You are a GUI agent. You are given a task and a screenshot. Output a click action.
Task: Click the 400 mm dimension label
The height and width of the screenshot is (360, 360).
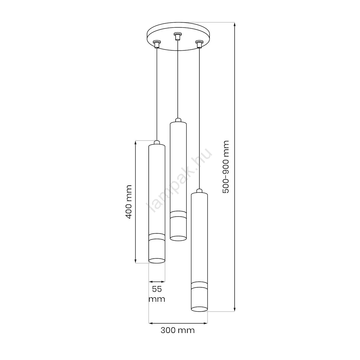pyautogui.click(x=129, y=202)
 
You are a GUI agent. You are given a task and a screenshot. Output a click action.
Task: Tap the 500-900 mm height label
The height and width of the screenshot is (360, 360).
pyautogui.click(x=226, y=167)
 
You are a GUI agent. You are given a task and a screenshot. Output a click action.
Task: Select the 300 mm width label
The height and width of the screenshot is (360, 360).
pyautogui.click(x=178, y=330)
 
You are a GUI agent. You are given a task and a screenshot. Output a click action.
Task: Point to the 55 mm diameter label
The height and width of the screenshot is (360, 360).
pyautogui.click(x=157, y=294)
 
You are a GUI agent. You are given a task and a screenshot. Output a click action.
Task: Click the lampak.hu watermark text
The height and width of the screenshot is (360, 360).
pyautogui.click(x=179, y=180)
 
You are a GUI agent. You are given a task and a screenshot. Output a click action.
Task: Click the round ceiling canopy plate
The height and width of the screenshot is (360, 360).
pyautogui.click(x=178, y=36)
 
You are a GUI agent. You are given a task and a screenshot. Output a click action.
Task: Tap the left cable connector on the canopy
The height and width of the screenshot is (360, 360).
pyautogui.click(x=157, y=44)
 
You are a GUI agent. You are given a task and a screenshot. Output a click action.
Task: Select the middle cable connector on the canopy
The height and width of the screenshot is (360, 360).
pyautogui.click(x=177, y=36)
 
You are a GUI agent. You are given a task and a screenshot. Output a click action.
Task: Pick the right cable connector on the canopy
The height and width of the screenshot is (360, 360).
pyautogui.click(x=199, y=44)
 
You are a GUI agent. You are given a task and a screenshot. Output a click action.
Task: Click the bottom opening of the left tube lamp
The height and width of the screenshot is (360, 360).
pyautogui.click(x=157, y=261)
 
